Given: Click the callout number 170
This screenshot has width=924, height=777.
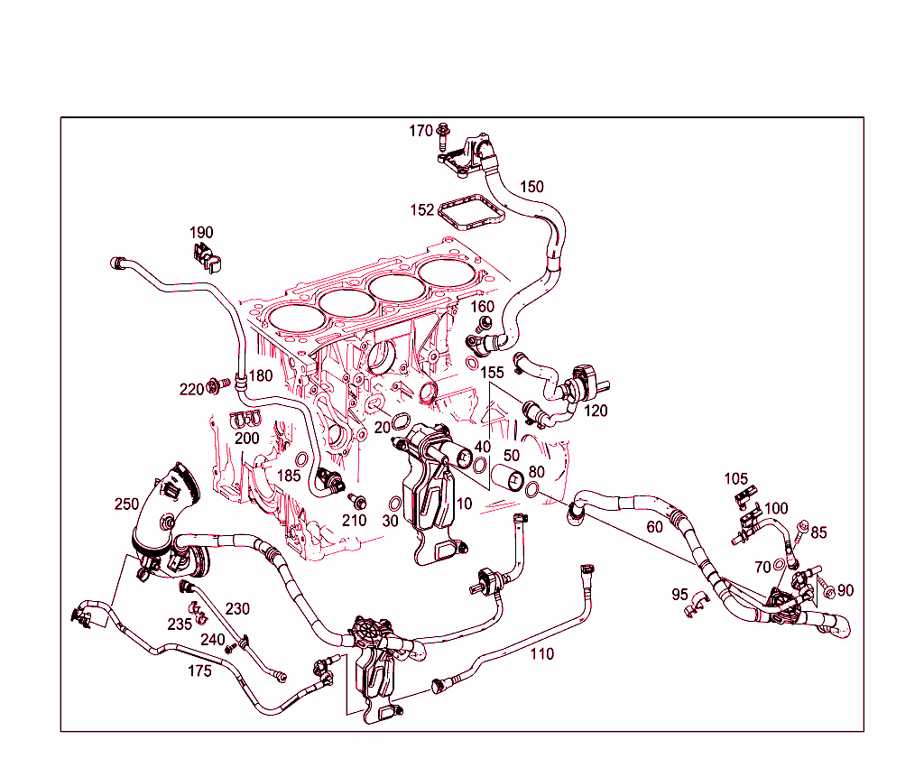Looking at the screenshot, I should tap(420, 131).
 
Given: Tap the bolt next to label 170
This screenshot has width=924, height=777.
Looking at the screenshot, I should tap(443, 137).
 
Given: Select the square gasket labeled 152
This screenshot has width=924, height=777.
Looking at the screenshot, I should tap(470, 214).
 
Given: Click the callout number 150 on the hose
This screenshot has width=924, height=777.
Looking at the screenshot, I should tap(531, 187).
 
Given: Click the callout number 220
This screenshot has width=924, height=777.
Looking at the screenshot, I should tap(191, 390).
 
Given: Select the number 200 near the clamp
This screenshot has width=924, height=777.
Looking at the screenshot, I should tap(246, 439).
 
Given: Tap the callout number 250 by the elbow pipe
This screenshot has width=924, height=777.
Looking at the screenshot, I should tap(126, 504).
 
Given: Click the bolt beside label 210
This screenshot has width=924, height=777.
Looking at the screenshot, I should tap(358, 501).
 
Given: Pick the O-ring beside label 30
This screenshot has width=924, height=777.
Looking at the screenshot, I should tap(395, 503).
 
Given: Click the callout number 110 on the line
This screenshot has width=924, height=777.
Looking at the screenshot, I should tap(541, 653).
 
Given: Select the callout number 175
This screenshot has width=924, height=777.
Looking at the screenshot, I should tap(199, 671).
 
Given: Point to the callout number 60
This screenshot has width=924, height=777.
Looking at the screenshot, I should tap(654, 526).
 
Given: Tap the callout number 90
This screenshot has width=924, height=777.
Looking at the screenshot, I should tap(845, 590).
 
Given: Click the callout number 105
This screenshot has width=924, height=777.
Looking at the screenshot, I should tap(736, 478).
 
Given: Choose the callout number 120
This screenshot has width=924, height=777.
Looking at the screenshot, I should tap(596, 411).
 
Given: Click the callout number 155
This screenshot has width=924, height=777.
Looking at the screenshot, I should tap(492, 372).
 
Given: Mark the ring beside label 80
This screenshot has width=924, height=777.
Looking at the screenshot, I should tap(532, 490).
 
